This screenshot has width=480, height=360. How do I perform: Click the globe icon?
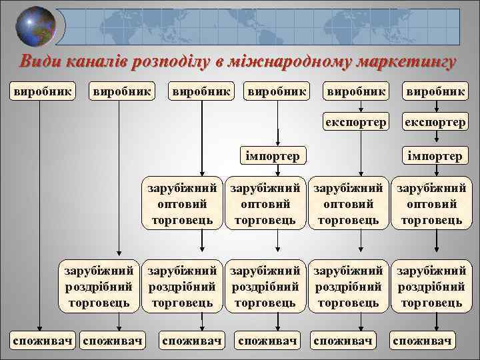pos(34,27)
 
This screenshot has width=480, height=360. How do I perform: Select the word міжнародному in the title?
pos(301,61)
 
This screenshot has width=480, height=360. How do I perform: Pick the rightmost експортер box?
pos(435,122)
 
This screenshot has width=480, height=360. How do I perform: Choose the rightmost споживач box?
pos(423,341)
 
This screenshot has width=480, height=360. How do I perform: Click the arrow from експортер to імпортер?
pos(435,138)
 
